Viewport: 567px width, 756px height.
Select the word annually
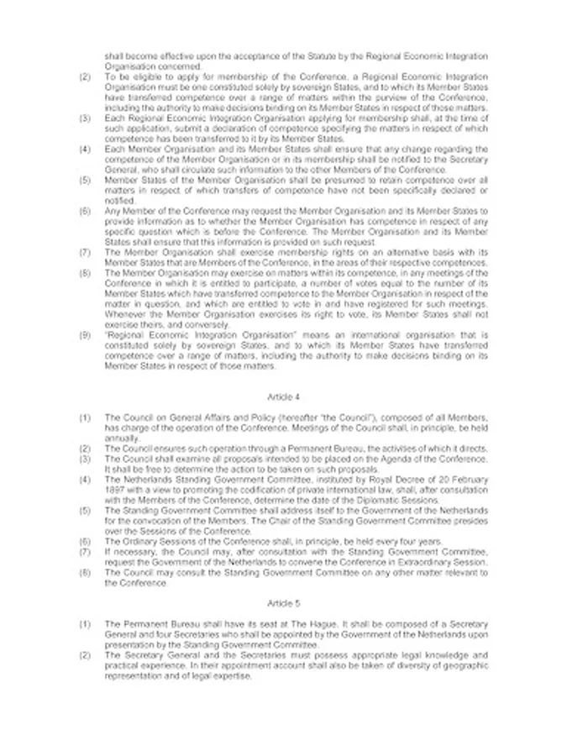tap(116, 438)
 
